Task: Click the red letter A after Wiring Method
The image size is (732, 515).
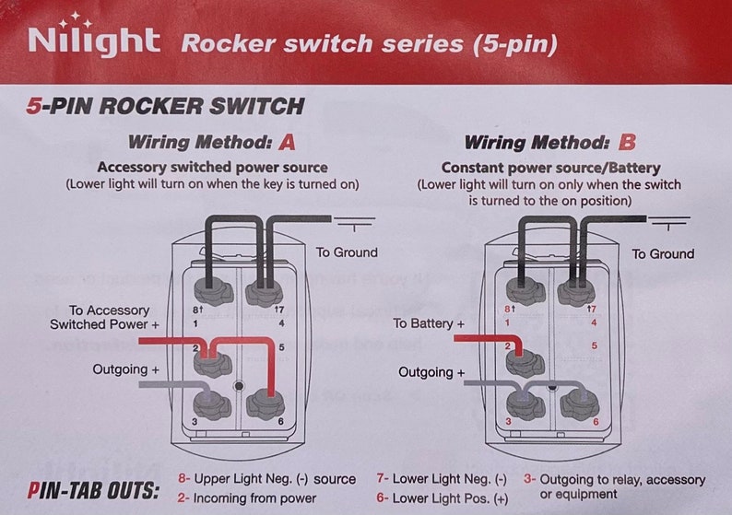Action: click(287, 142)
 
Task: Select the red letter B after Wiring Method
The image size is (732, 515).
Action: click(627, 142)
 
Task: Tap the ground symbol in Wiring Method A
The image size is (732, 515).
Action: click(354, 223)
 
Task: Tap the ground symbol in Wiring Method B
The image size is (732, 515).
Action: click(668, 223)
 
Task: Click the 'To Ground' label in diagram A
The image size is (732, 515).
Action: click(347, 252)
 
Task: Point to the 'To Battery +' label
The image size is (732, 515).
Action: click(429, 323)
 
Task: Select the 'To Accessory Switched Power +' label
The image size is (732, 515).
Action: click(104, 317)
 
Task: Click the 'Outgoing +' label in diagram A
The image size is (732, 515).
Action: click(125, 369)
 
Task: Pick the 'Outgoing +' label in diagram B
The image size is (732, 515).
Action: click(431, 372)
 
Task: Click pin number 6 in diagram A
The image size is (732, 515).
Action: click(280, 422)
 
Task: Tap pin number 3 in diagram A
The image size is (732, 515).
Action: click(195, 422)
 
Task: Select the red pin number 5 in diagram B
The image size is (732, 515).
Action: click(595, 345)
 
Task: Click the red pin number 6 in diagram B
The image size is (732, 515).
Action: click(596, 422)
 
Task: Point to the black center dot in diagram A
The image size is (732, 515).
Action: click(239, 386)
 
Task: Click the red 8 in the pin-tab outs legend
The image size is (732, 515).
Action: click(182, 479)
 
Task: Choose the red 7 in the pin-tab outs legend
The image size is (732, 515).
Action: click(380, 479)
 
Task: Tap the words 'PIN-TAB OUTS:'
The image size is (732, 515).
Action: click(93, 491)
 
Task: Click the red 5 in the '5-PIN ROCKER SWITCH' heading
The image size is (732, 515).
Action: click(33, 106)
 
